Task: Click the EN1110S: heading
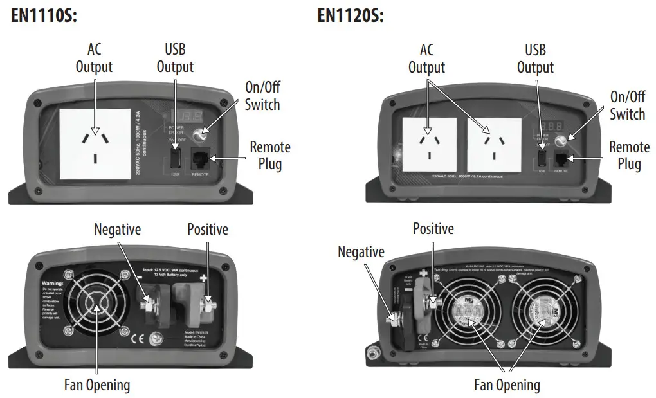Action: (x=44, y=15)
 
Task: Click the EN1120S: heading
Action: (x=351, y=15)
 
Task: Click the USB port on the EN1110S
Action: (x=176, y=158)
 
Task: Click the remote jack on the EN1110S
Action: (x=201, y=159)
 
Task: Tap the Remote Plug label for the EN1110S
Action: (x=270, y=155)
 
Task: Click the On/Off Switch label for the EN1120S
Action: (x=627, y=105)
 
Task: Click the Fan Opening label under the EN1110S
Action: (x=97, y=384)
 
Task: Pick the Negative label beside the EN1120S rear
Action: (x=361, y=252)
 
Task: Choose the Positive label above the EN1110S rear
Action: (x=207, y=229)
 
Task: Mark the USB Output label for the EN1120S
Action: (x=535, y=58)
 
